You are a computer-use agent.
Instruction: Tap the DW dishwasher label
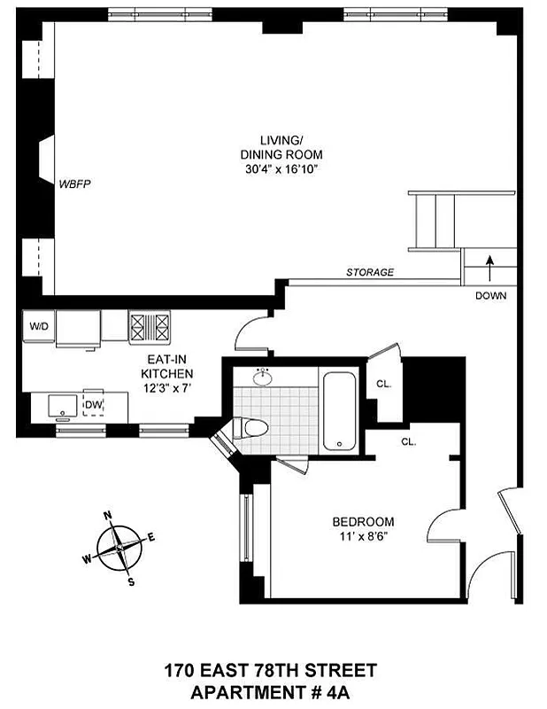pos(94,405)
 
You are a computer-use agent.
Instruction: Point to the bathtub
pos(339,410)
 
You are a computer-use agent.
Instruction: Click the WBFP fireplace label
pos(75,184)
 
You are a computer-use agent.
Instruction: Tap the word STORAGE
pos(370,273)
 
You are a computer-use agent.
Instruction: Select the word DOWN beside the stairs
pos(490,296)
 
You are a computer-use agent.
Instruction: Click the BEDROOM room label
pos(363,522)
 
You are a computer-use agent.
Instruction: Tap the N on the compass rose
pos(107,515)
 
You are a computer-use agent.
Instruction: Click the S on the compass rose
pos(131,582)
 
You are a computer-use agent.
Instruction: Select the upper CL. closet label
pos(383,385)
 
